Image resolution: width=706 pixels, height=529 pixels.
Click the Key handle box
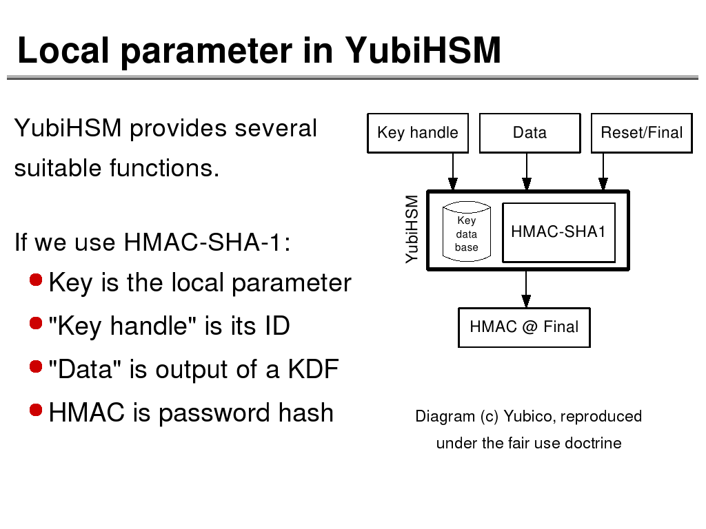click(418, 133)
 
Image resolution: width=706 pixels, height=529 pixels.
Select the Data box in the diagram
click(529, 133)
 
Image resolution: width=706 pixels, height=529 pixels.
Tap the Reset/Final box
click(641, 133)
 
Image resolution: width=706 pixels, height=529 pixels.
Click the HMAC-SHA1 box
click(558, 232)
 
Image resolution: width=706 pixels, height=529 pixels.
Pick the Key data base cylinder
click(466, 232)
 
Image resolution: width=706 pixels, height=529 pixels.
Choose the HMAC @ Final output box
click(524, 327)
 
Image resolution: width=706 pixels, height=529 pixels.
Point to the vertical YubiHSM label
click(412, 229)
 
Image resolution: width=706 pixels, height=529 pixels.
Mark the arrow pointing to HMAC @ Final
click(526, 289)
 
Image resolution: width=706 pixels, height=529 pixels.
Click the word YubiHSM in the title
click(423, 50)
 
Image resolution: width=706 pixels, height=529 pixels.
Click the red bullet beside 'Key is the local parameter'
click(37, 280)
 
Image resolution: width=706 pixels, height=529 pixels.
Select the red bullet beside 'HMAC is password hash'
click(37, 411)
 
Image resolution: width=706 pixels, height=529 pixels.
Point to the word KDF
click(313, 370)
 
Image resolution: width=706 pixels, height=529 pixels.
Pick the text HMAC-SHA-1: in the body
click(206, 242)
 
